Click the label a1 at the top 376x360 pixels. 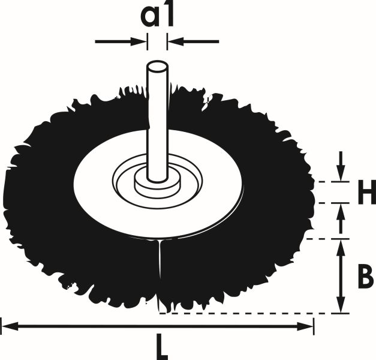157,16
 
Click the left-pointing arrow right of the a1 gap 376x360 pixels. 175,41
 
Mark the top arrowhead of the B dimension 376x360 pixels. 341,246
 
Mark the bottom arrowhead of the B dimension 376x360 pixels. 341,306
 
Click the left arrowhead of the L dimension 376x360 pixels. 8,326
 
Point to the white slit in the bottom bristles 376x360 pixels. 160,270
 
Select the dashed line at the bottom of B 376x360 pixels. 240,313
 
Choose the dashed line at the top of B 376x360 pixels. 321,239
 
